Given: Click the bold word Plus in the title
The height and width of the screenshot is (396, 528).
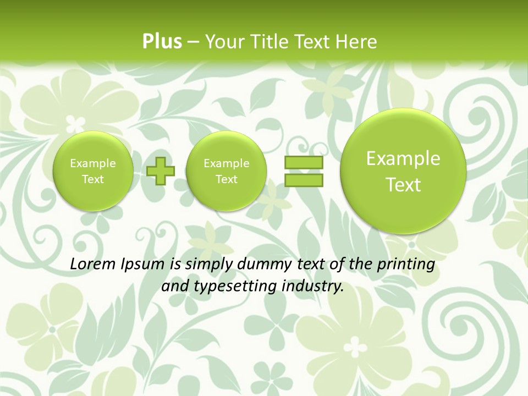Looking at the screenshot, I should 162,42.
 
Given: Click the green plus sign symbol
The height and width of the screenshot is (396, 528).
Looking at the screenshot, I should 161,171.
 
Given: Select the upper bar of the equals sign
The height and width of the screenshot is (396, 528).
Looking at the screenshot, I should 304,163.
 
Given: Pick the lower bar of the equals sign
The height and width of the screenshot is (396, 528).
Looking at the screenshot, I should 304,180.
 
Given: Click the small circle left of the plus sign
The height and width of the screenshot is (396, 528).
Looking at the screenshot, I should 92,171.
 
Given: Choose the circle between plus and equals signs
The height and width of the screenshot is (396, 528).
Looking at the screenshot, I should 226,171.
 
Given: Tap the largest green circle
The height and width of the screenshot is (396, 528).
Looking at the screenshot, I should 403,170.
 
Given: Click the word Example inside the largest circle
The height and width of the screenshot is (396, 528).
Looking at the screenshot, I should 403,159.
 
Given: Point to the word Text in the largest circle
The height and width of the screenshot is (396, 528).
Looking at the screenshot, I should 403,185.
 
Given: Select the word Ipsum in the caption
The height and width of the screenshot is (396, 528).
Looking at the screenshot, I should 142,265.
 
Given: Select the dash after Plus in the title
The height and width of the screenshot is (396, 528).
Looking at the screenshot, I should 193,42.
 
